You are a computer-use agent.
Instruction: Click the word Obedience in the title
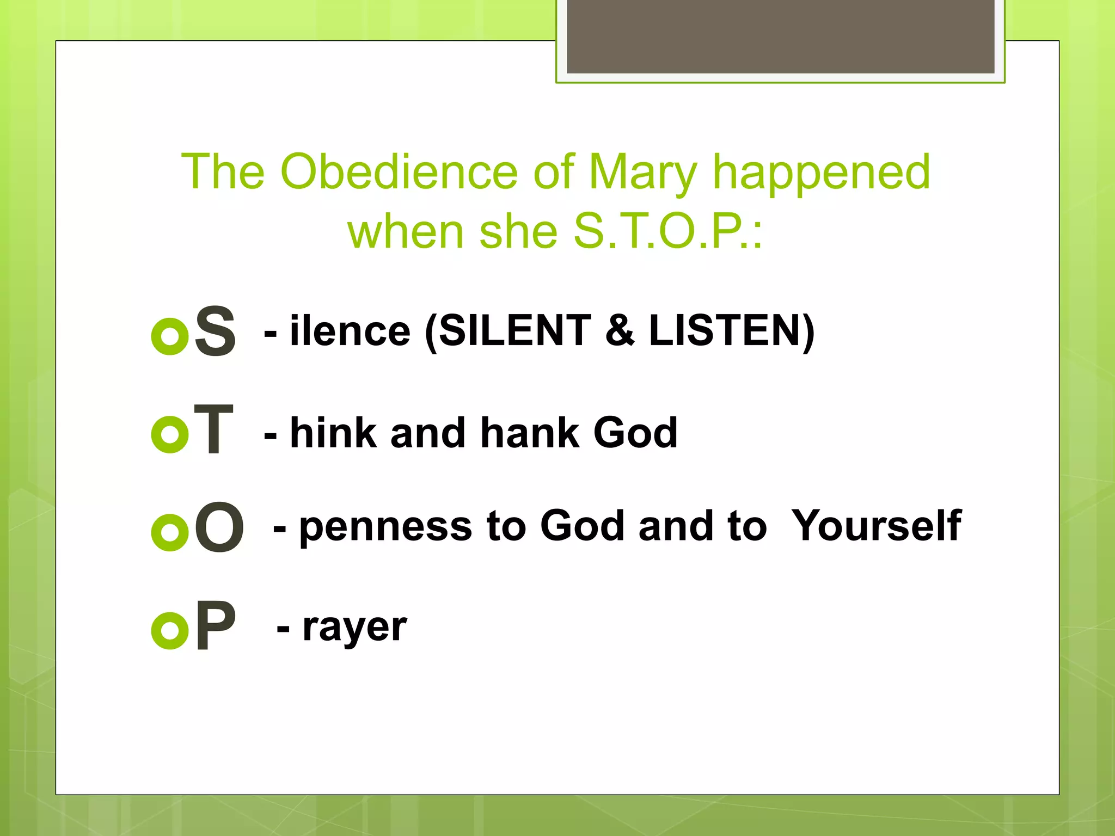click(399, 172)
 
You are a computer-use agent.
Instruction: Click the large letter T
click(213, 429)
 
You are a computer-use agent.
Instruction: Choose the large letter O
click(219, 527)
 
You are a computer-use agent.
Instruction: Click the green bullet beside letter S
click(170, 336)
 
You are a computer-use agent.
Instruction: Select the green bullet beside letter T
click(170, 434)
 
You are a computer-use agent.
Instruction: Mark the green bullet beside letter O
click(170, 532)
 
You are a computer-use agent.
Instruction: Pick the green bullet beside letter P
click(170, 630)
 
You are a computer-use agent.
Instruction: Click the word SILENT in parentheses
click(514, 330)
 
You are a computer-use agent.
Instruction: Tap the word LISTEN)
click(732, 330)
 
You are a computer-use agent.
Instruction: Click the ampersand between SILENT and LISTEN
click(620, 330)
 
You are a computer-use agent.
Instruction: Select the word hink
click(333, 433)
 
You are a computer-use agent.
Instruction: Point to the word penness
click(385, 527)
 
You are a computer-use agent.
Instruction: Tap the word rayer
click(354, 628)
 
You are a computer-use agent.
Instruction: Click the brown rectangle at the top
click(780, 36)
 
